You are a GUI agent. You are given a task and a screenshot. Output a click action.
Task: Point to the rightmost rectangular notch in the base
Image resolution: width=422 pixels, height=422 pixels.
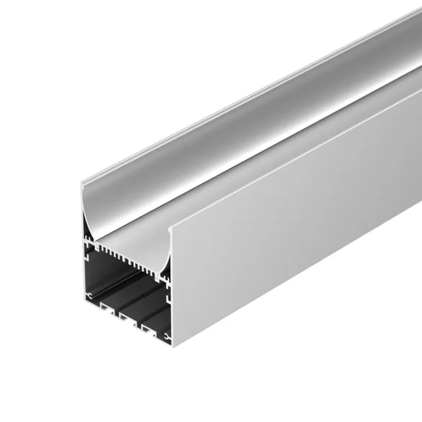point(147,330)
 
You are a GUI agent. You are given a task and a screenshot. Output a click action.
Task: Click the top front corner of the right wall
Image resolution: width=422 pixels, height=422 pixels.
point(170,230)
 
